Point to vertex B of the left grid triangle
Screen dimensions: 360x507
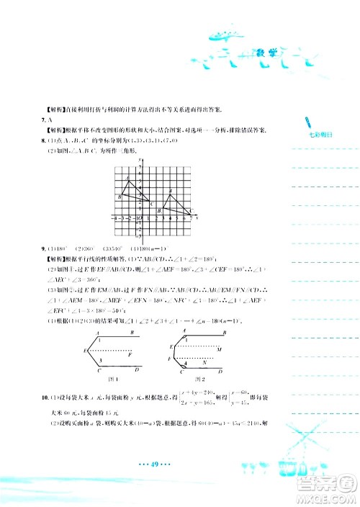120,196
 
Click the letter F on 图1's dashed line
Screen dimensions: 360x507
130,354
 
